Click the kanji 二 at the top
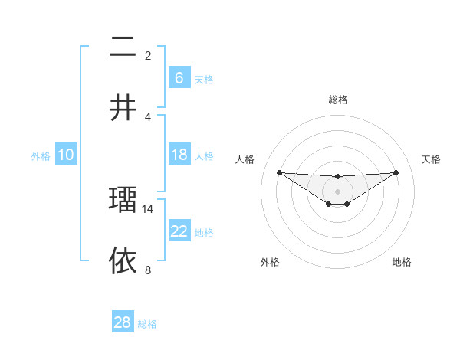[123, 49]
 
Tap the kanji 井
[123, 109]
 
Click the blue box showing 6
[179, 78]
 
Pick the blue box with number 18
[179, 155]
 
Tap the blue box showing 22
[179, 231]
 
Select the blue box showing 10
[66, 155]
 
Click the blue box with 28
[123, 322]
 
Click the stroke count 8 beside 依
[148, 270]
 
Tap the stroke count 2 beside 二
[148, 55]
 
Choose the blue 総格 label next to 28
[147, 324]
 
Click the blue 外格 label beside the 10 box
[41, 156]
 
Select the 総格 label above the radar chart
[337, 100]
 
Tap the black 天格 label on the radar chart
[432, 159]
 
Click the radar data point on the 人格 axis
[279, 172]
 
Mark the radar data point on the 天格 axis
[396, 172]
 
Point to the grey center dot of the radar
[337, 191]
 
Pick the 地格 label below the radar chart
[402, 262]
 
